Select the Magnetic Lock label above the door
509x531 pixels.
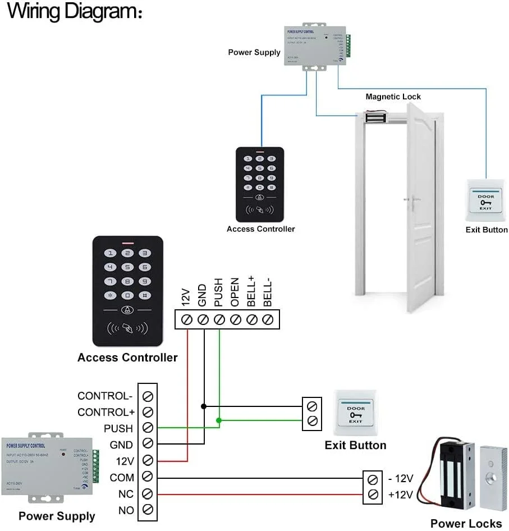point(393,97)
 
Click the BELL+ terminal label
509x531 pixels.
point(251,292)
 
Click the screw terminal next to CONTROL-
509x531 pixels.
point(148,396)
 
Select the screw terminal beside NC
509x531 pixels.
point(148,493)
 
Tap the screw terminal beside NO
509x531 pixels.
point(148,510)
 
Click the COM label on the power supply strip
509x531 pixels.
point(122,478)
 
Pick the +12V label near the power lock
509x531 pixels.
point(401,495)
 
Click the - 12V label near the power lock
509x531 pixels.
point(401,479)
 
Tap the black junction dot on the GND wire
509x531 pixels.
point(203,405)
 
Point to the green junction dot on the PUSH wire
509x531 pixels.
point(219,420)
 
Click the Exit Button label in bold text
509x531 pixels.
point(355,445)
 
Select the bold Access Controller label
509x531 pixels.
point(127,358)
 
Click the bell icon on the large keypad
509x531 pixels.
point(128,310)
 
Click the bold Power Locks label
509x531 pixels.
point(466,523)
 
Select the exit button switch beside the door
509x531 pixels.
point(486,202)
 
